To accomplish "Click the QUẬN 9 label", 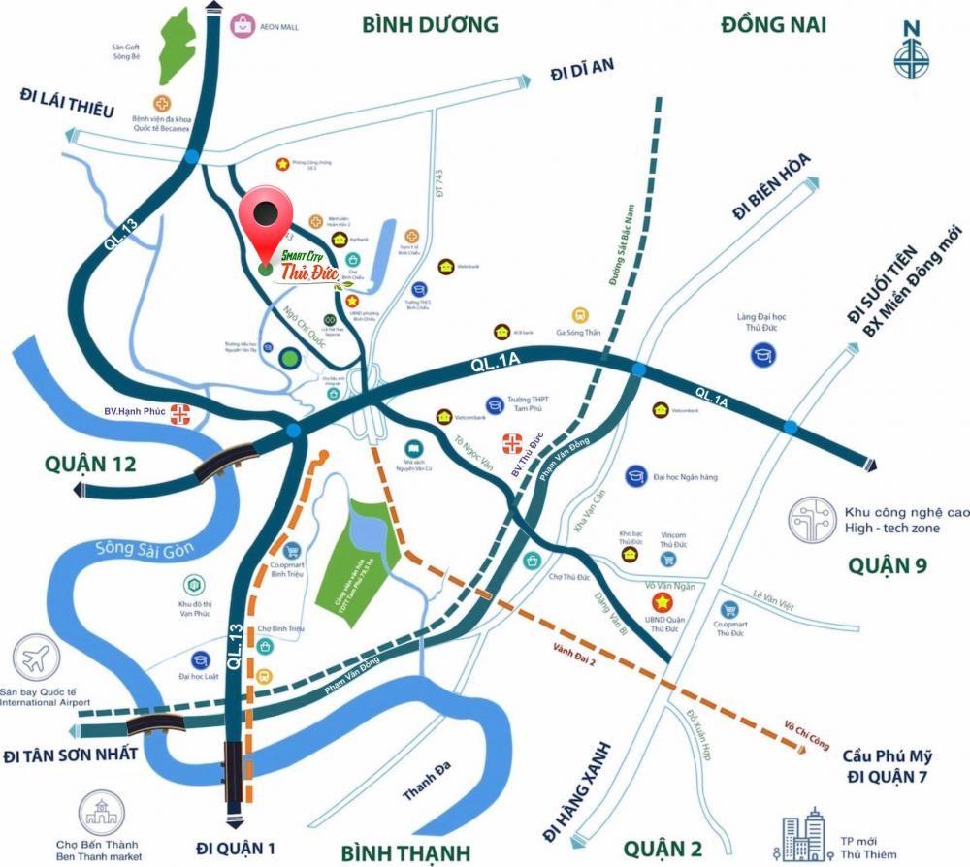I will click(893, 564).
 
